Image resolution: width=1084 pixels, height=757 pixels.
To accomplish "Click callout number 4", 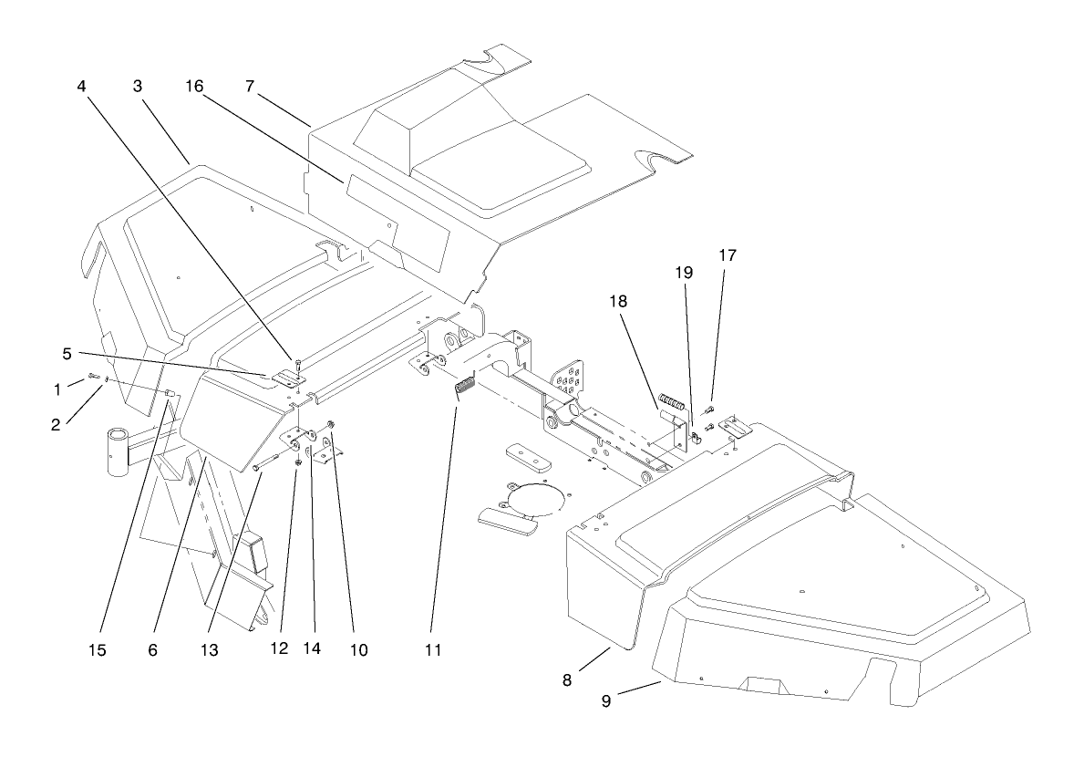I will point(81,88).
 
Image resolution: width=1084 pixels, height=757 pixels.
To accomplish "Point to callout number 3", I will point(138,88).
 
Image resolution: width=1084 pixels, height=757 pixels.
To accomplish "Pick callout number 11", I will point(432,650).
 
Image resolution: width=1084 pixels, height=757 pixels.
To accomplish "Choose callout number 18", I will point(632,300).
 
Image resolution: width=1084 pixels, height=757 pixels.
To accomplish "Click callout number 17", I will point(726,256).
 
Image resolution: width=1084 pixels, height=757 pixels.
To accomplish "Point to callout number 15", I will point(98,650).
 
